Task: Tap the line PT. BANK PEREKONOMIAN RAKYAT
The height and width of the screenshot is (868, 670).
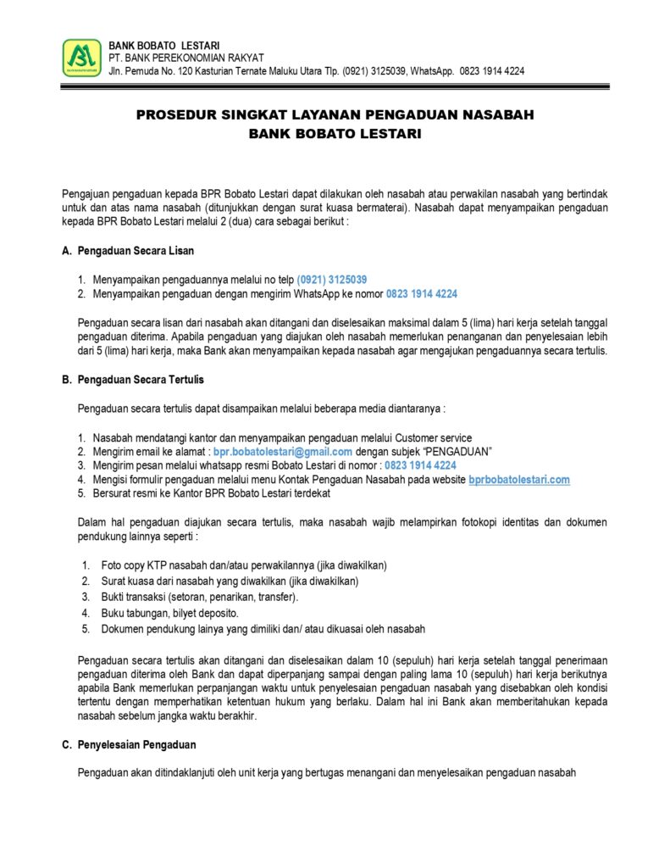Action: (175, 58)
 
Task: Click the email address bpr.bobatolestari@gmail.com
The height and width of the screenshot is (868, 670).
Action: (283, 452)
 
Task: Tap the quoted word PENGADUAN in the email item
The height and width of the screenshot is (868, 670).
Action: (457, 452)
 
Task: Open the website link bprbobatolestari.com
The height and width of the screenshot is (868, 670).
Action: (519, 480)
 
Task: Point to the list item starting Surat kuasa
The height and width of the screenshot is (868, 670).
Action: (230, 581)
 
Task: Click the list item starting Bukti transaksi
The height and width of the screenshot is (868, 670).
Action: (199, 597)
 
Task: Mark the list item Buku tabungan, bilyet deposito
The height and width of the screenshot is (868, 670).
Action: (169, 613)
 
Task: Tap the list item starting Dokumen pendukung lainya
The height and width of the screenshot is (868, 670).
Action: (263, 629)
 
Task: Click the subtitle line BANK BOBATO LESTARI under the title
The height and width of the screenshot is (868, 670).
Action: (335, 134)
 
